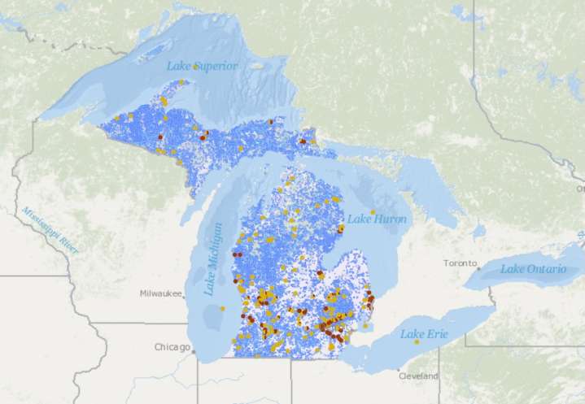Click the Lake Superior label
click(203, 66)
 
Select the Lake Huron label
click(377, 219)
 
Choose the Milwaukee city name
click(159, 293)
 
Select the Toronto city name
click(460, 263)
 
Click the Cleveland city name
click(418, 376)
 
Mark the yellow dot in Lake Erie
click(417, 341)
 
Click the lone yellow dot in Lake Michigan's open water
click(220, 309)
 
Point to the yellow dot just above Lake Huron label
click(373, 211)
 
